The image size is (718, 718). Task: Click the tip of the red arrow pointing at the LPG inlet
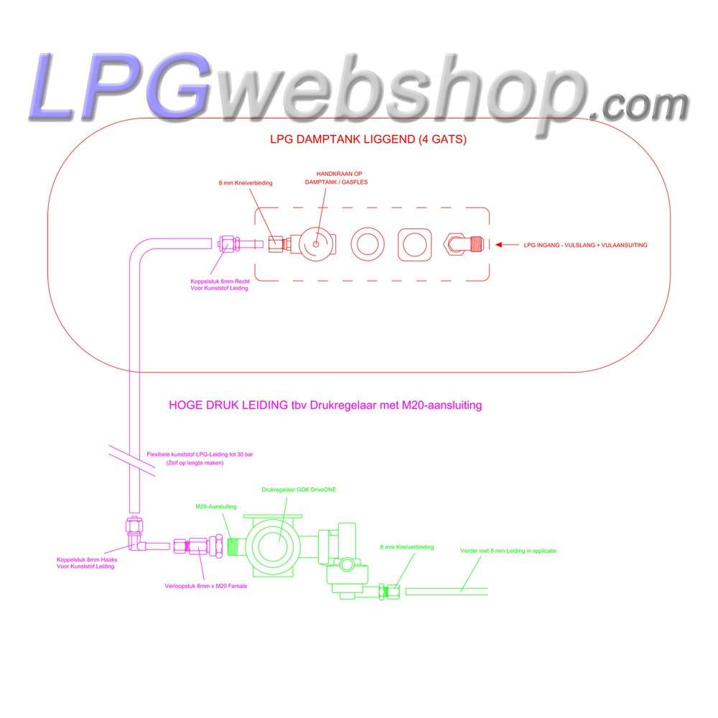point(496,245)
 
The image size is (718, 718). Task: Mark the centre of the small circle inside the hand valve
point(316,244)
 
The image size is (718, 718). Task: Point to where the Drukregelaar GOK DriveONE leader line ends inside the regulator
point(279,541)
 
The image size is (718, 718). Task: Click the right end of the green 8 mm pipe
point(488,592)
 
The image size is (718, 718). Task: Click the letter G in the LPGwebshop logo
point(179,87)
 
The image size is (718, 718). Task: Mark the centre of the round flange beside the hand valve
point(367,244)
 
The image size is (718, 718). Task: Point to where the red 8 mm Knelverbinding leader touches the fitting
point(275,243)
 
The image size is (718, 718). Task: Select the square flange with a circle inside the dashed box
point(414,245)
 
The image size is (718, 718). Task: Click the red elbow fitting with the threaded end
point(463,243)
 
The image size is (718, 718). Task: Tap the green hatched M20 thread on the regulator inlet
point(233,546)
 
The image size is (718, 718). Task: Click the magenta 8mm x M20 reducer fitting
point(197,546)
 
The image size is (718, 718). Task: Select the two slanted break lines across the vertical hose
point(132,460)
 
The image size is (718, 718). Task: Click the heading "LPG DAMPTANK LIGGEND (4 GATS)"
point(368,139)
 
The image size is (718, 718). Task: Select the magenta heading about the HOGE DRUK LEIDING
point(325,405)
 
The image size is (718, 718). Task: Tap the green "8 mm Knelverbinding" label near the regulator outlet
point(406,546)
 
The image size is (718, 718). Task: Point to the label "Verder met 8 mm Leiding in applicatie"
point(508,551)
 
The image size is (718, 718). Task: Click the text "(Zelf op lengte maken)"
point(195,463)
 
